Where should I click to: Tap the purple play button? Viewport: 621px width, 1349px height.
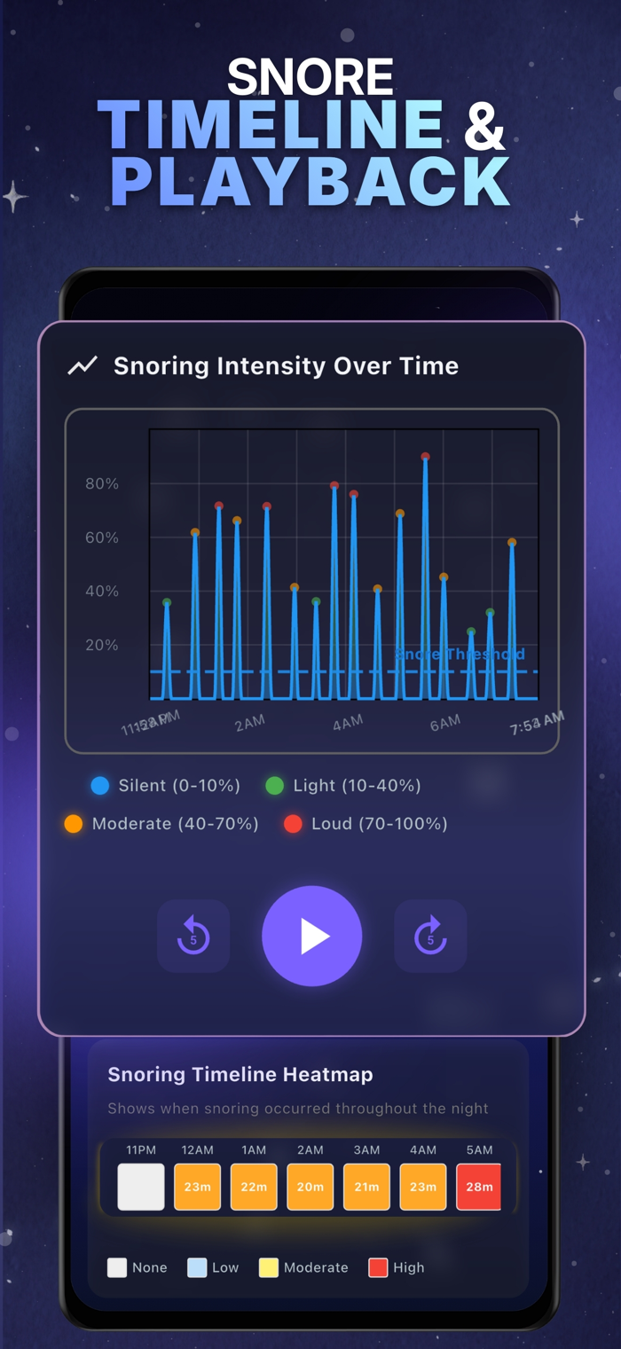coord(312,936)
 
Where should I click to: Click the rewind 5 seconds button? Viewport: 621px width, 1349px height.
coord(193,937)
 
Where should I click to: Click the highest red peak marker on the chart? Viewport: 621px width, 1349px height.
coord(425,457)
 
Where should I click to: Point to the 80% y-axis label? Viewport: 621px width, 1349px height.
coord(102,483)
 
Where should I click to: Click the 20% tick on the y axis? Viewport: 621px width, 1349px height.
coord(102,646)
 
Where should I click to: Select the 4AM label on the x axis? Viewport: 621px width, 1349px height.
coord(348,724)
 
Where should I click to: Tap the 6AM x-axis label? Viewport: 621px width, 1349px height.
coord(444,724)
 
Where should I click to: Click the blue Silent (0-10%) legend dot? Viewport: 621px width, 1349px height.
coord(100,785)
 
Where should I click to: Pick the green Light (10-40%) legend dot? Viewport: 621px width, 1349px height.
coord(275,785)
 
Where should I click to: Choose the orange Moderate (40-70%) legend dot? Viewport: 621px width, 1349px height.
coord(74,824)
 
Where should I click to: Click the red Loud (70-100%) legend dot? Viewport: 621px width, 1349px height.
coord(293,824)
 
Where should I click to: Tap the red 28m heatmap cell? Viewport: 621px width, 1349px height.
coord(478,1187)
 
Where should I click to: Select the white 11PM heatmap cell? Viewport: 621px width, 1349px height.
coord(141,1187)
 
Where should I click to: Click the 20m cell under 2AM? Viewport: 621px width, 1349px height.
coord(310,1187)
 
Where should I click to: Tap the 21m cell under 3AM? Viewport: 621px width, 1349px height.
coord(366,1187)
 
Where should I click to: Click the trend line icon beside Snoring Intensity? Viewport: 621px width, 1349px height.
coord(83,365)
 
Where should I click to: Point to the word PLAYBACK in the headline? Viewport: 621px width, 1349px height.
coord(310,182)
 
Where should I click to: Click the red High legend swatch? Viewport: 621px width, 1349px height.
coord(378,1267)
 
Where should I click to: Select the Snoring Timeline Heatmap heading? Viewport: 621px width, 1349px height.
coord(240,1075)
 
